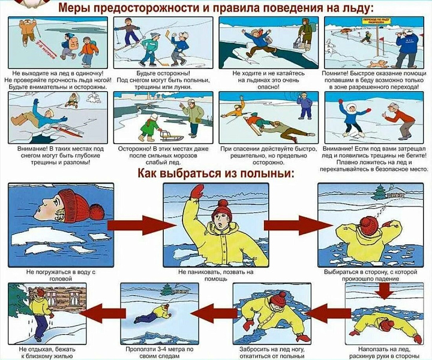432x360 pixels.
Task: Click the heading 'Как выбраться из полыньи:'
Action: tap(216, 174)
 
